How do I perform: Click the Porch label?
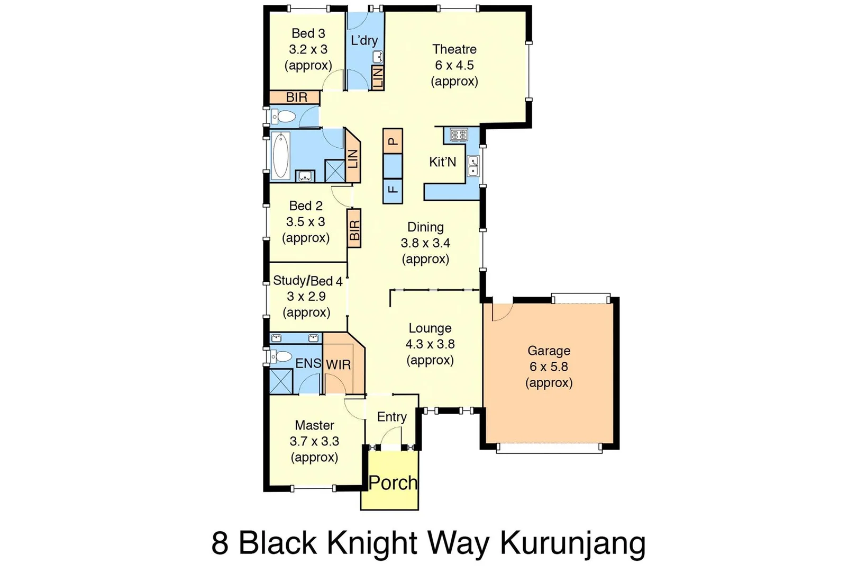coord(393,482)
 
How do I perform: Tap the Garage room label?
coord(549,351)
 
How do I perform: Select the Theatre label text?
coord(454,49)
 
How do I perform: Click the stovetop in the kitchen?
coord(459,135)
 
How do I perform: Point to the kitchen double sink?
coord(473,166)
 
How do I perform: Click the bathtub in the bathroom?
coord(280,155)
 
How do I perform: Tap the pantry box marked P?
coord(393,141)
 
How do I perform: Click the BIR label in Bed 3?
coord(296,97)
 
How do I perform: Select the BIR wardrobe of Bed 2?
coord(354,228)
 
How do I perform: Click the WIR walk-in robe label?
coord(338,364)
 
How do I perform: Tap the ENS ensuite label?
coord(308,363)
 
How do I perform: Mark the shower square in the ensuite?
coord(281,381)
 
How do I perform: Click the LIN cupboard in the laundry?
coord(378,77)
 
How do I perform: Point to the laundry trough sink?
coord(378,57)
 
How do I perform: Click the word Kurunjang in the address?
coord(572,543)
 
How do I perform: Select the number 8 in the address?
coord(220,543)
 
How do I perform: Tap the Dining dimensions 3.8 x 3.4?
coord(425,243)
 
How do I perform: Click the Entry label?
coord(391,417)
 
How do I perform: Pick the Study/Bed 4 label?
coord(307,281)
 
